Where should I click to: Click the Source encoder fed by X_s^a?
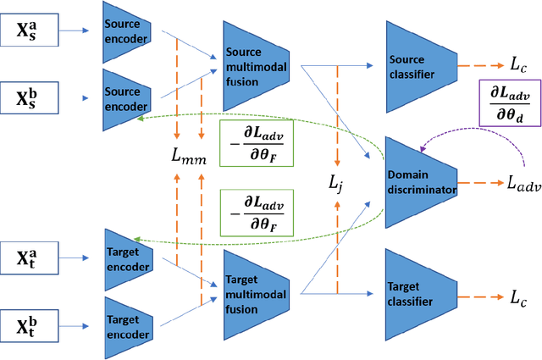pyautogui.click(x=126, y=33)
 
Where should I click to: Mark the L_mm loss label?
pyautogui.click(x=188, y=154)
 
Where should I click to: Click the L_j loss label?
pyautogui.click(x=338, y=181)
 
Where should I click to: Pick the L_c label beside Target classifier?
pyautogui.click(x=517, y=296)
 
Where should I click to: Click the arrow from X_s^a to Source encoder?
pyautogui.click(x=76, y=31)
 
